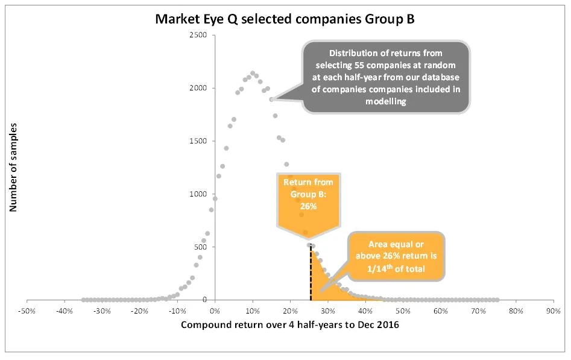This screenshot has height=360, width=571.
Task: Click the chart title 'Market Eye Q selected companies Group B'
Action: coord(285,18)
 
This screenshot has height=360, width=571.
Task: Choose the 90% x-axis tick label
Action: coord(553,311)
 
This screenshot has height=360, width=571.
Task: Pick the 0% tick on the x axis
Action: coord(215,311)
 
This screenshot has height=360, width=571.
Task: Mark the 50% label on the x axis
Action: coord(403,311)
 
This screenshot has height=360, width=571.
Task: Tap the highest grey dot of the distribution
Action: coord(253,74)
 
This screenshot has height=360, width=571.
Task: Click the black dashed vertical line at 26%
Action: coord(311,274)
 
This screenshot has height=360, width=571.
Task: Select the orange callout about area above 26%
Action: coord(396,256)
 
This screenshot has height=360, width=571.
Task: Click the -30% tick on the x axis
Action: coord(102,311)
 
